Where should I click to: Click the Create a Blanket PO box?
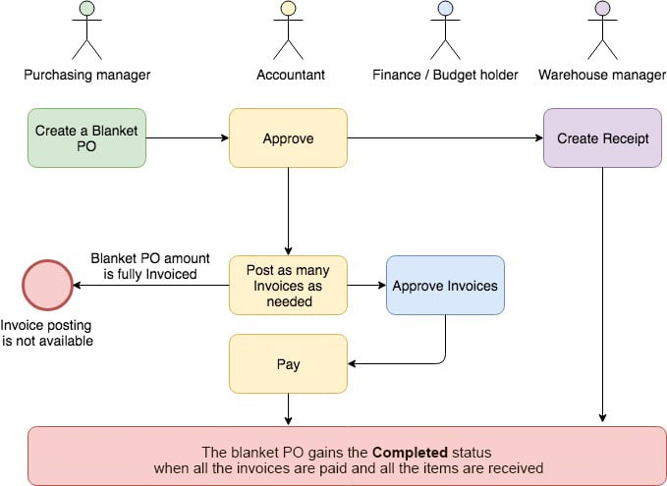point(87,137)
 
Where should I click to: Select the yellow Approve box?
point(288,137)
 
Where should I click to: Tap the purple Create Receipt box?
point(602,137)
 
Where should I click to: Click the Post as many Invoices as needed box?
point(288,285)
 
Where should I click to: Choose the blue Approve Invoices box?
point(444,285)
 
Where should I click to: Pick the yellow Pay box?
point(288,363)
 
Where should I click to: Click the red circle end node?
point(47,285)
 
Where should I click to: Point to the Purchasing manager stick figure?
point(87,31)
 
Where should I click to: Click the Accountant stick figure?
point(288,31)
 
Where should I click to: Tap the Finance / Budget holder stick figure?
point(445,31)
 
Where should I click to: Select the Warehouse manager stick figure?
point(602,31)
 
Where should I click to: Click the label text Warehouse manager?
point(602,76)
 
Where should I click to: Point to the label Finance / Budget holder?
point(445,76)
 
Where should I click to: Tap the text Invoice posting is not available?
point(47,334)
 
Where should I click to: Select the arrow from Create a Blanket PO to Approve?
point(188,137)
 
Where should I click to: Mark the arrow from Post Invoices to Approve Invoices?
point(366,285)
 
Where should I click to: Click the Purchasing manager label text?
point(87,76)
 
